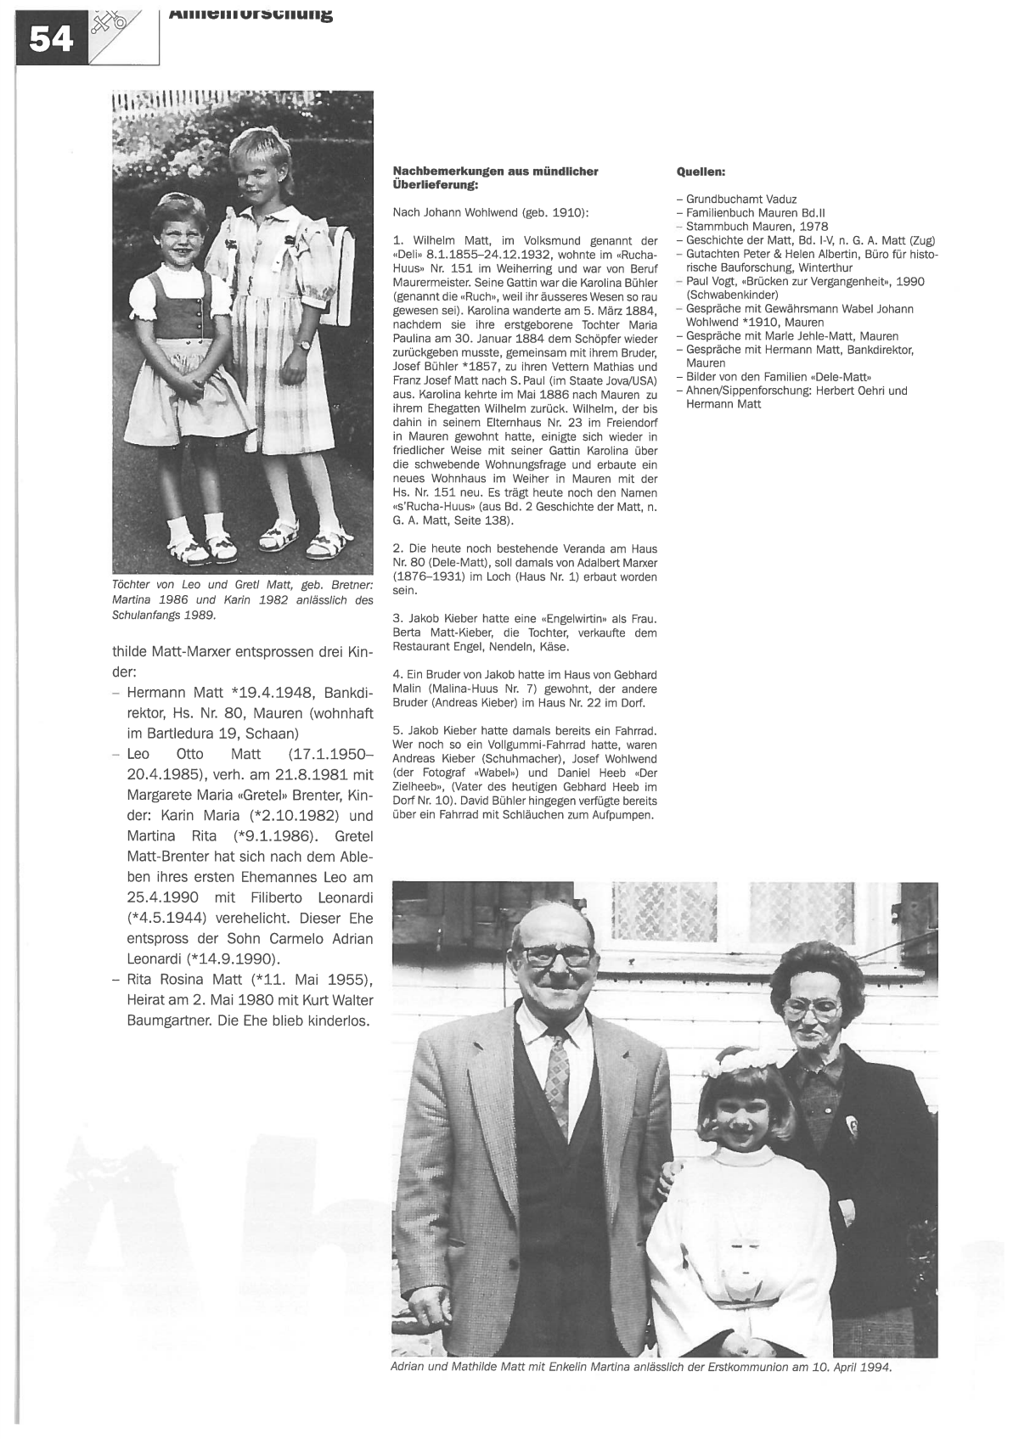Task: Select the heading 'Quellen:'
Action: [701, 171]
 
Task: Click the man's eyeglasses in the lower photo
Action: [559, 955]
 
